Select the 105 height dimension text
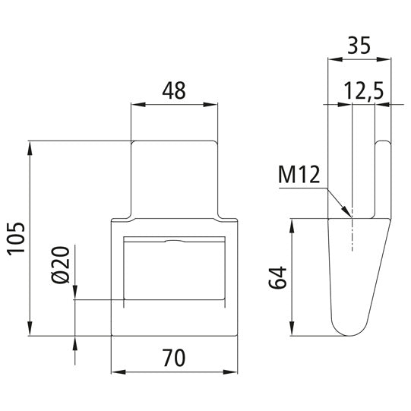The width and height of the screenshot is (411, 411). tap(16, 239)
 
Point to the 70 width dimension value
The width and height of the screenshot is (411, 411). tap(175, 356)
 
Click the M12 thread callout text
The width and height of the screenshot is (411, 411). tap(299, 175)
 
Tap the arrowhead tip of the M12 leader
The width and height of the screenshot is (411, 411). tap(350, 214)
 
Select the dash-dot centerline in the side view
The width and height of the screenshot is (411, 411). tap(353, 228)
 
